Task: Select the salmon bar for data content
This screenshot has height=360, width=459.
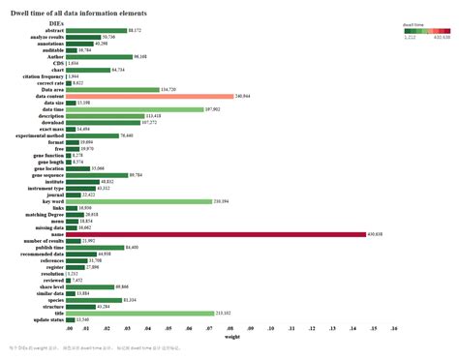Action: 150,97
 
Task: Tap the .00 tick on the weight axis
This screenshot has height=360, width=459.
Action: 70,330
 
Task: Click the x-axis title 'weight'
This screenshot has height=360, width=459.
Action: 232,338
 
